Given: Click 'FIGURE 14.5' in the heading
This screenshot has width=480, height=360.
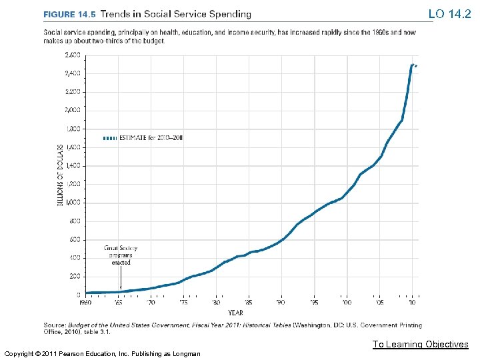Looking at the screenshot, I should click(69, 14).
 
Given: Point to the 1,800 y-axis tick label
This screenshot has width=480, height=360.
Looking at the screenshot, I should click(73, 129).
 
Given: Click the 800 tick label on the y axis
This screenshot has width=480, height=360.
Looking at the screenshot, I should click(75, 221).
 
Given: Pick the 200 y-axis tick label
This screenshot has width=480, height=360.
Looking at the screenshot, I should click(75, 276).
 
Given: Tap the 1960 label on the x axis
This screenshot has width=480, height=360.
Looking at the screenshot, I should click(85, 303).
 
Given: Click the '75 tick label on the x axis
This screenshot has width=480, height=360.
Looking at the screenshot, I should click(183, 303).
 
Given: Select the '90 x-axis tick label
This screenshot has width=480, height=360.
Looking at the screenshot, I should click(281, 303).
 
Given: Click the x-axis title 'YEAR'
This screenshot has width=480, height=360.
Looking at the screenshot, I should click(235, 311).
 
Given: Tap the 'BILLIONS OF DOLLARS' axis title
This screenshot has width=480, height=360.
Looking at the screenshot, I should click(59, 174).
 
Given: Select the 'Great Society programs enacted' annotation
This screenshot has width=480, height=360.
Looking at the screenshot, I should click(121, 255).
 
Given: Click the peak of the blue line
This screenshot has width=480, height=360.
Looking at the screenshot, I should click(413, 65).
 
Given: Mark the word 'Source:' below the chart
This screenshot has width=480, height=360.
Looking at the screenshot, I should click(54, 325).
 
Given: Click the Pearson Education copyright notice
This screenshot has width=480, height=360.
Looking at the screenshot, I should click(101, 353).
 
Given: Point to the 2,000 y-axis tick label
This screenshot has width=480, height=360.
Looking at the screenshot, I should click(73, 110).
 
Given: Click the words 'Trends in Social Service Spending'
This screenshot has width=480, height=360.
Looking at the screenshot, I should click(176, 14).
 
